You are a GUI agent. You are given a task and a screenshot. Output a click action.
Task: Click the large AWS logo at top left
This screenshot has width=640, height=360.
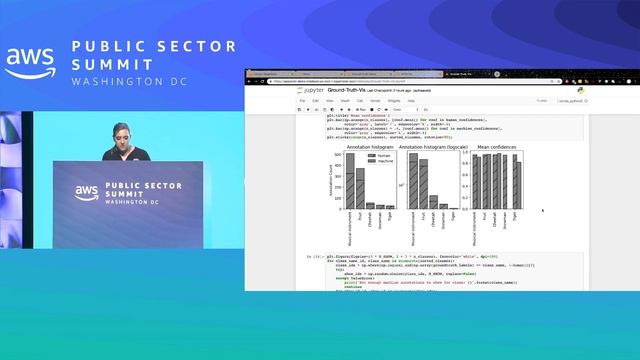(30, 63)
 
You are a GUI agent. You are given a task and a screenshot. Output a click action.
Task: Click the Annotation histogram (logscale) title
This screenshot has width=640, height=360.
(428, 147)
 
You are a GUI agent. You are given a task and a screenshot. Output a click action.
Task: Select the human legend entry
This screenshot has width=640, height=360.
(378, 156)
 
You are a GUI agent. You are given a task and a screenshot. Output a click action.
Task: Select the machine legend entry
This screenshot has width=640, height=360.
(379, 161)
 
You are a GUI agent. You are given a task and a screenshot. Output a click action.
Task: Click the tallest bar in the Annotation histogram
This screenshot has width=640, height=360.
(349, 181)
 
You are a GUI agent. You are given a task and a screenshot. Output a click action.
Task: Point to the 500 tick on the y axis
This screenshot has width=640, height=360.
(339, 154)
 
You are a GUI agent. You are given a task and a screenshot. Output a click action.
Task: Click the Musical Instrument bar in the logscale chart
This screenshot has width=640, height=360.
(413, 181)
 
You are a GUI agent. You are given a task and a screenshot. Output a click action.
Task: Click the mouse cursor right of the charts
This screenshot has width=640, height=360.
(543, 211)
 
